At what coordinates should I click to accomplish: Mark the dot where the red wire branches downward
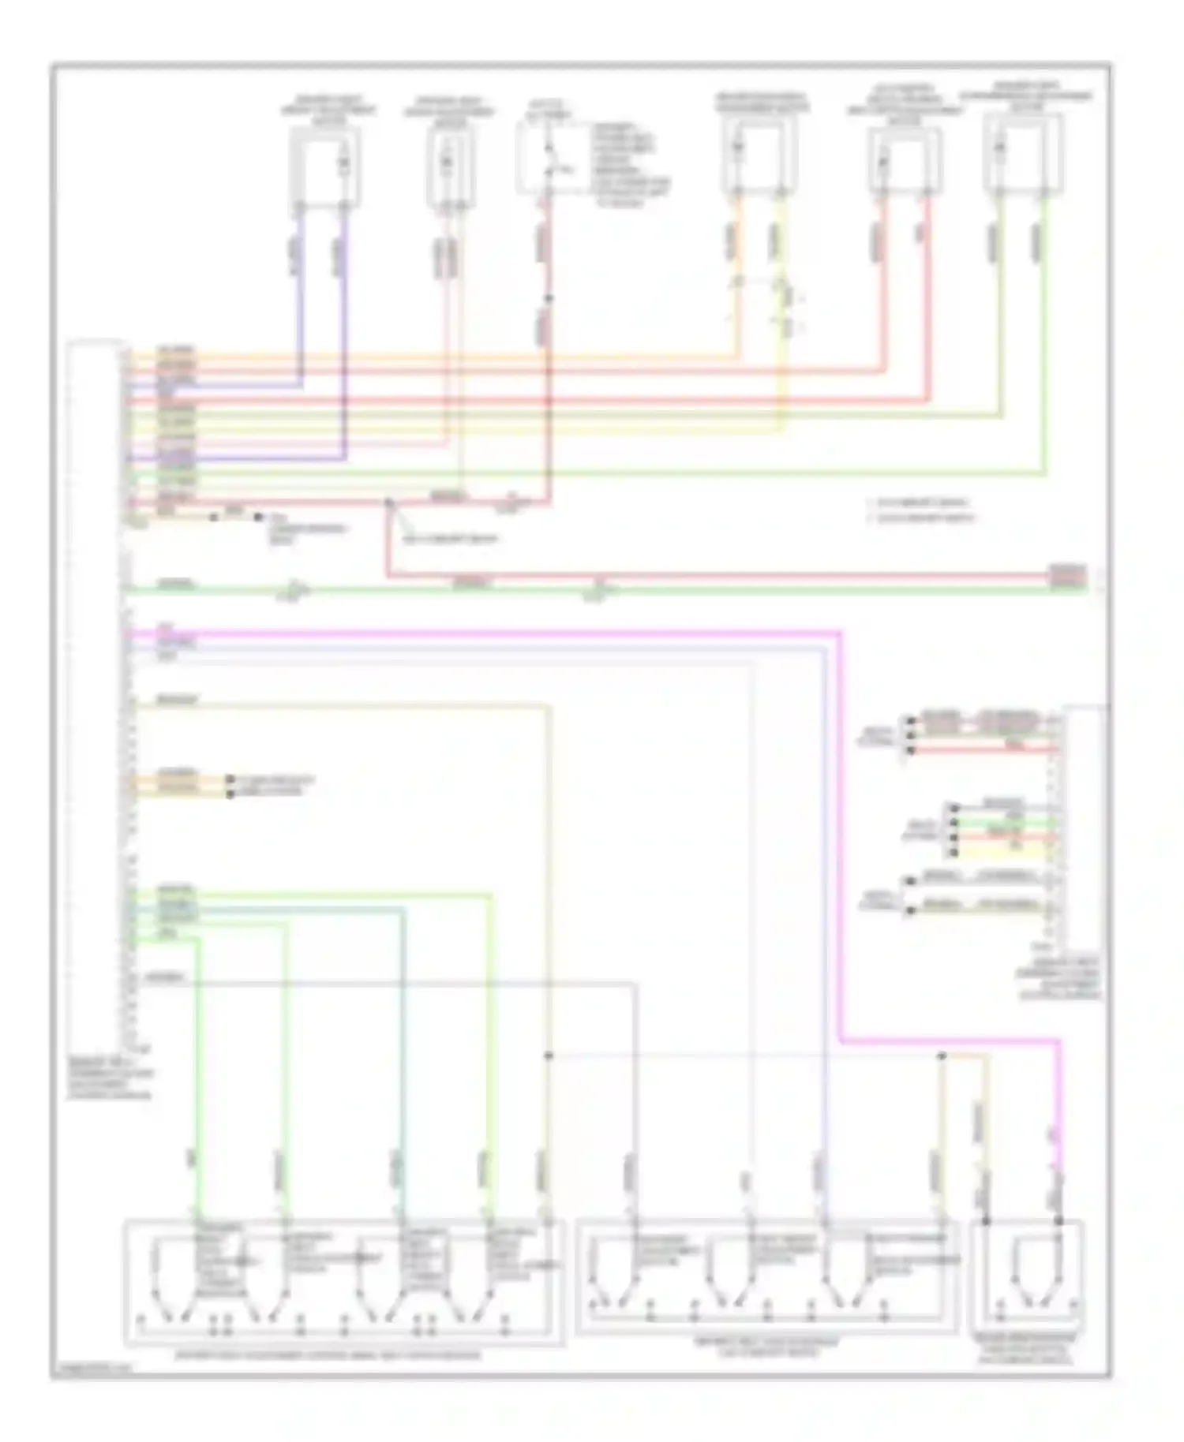[388, 502]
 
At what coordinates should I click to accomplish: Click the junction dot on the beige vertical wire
[549, 1055]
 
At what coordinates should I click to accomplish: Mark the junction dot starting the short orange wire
[941, 1055]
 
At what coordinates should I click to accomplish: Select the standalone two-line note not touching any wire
[920, 510]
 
